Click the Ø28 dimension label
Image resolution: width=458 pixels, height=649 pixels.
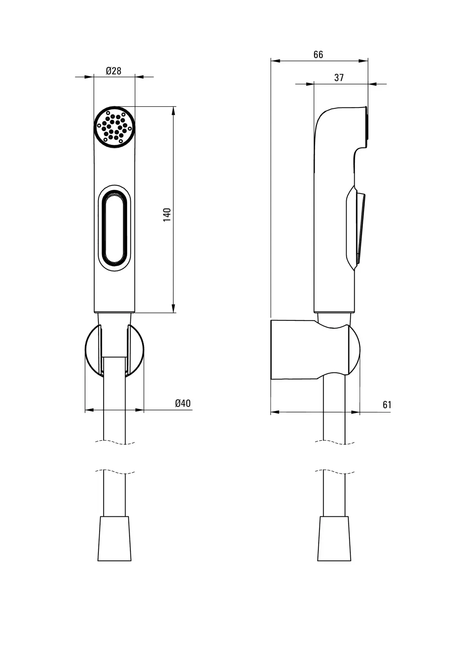[113, 71]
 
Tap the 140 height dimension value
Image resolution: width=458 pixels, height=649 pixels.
[167, 215]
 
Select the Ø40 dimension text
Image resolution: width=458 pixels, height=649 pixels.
[183, 403]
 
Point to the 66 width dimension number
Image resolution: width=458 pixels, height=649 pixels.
[318, 54]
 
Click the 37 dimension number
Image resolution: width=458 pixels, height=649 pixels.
[339, 77]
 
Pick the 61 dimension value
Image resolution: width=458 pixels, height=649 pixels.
[387, 405]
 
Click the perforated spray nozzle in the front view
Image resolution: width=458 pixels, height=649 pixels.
[115, 127]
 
